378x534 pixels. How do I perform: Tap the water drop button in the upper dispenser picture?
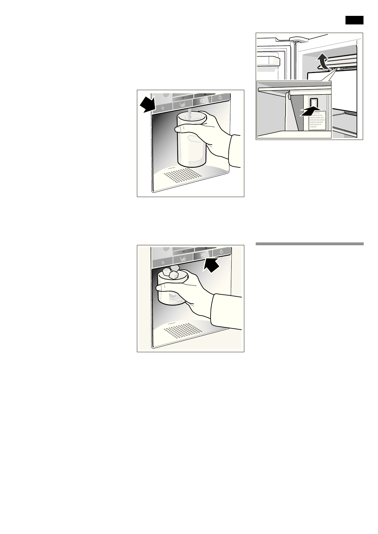pyautogui.click(x=163, y=108)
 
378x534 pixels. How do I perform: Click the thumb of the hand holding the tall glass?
pyautogui.click(x=182, y=129)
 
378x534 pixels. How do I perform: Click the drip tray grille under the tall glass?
pyautogui.click(x=183, y=175)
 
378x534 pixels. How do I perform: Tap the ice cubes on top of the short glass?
pyautogui.click(x=171, y=273)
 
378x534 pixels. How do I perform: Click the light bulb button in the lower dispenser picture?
pyautogui.click(x=221, y=253)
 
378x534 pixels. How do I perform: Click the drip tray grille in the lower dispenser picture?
pyautogui.click(x=183, y=330)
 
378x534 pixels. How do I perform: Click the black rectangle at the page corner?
pyautogui.click(x=354, y=20)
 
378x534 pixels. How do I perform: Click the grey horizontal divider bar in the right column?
pyautogui.click(x=309, y=244)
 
